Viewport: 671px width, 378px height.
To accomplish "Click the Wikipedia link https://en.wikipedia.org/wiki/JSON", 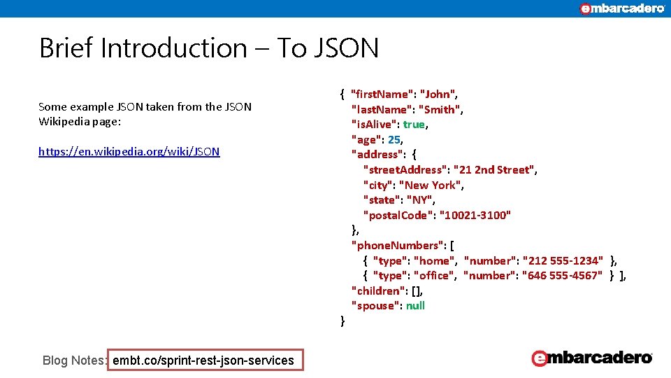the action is click(129, 151).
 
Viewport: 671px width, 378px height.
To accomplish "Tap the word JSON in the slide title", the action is click(346, 48).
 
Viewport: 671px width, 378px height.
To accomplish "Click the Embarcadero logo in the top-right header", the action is click(622, 8).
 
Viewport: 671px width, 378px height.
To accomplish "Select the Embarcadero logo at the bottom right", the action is click(592, 358).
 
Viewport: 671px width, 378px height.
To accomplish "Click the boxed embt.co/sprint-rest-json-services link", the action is click(203, 360).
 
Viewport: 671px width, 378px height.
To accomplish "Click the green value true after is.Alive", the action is click(414, 125).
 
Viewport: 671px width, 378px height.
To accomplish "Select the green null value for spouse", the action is click(415, 306).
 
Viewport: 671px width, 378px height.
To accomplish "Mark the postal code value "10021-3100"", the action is click(475, 215).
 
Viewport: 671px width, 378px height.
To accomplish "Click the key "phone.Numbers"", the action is click(398, 246).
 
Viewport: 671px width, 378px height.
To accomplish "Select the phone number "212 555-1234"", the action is click(563, 261).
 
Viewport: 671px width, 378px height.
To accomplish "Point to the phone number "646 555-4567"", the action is click(562, 276).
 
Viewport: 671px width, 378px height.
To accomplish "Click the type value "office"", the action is click(435, 276).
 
